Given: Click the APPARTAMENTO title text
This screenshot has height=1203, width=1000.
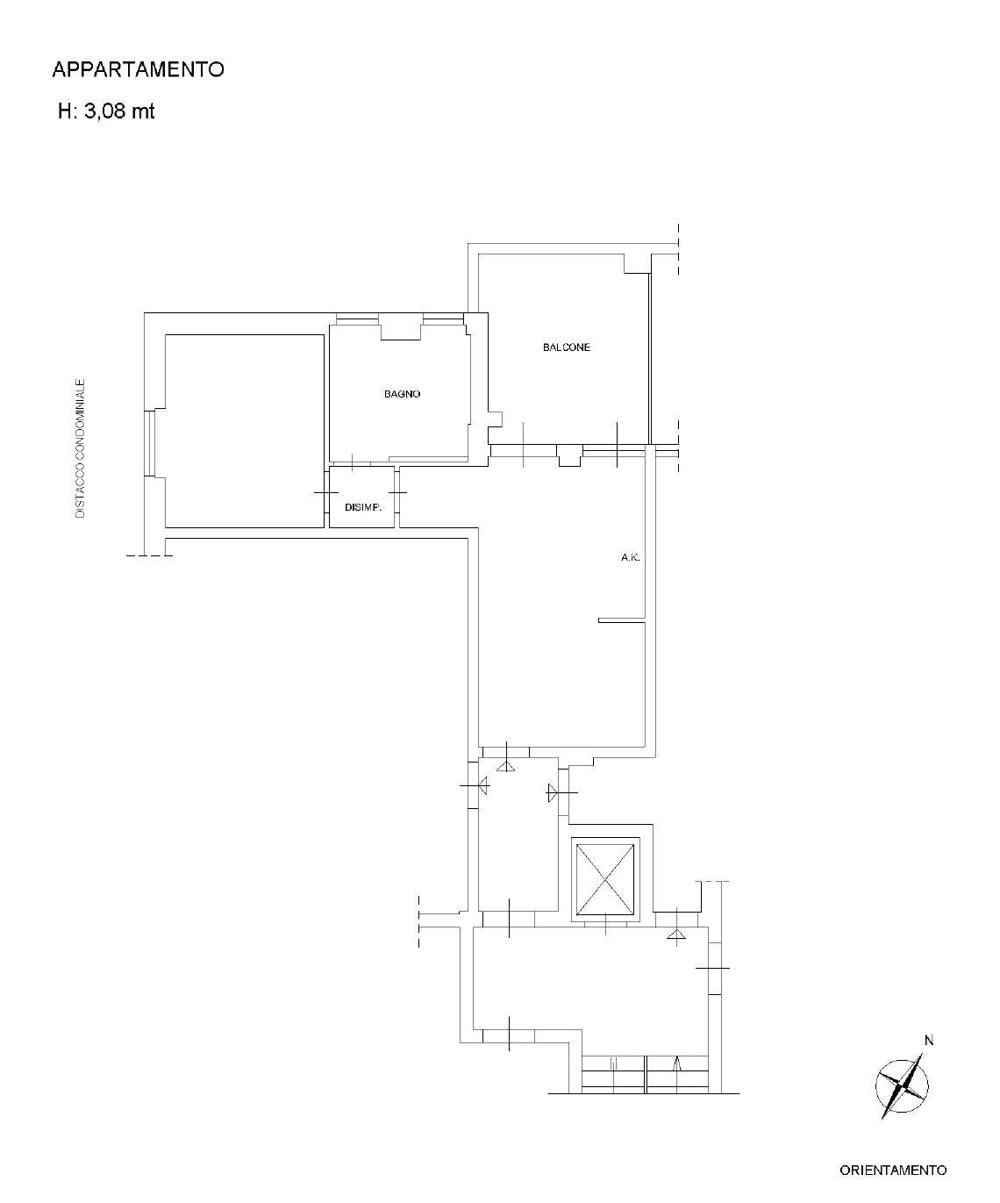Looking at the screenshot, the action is [x=138, y=69].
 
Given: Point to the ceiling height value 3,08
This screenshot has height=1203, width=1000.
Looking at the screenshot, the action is [x=105, y=111].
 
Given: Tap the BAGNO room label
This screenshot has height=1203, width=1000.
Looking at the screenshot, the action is [x=402, y=394].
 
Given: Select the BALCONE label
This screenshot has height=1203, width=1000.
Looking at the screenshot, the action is [x=567, y=347].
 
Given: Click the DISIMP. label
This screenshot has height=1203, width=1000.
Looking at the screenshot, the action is [x=363, y=507].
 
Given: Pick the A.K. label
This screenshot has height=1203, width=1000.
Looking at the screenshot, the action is [x=630, y=558].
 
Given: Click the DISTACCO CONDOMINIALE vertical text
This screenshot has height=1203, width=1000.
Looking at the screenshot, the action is [x=81, y=448].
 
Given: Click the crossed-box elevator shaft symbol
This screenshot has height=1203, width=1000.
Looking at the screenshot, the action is [x=605, y=880].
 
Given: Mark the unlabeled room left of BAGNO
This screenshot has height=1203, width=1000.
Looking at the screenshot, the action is [x=245, y=431].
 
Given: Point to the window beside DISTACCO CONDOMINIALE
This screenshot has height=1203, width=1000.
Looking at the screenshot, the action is [x=149, y=443].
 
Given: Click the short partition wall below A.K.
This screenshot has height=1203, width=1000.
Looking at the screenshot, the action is [x=622, y=620].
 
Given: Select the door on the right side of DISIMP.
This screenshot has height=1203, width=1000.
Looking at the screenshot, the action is [x=397, y=492].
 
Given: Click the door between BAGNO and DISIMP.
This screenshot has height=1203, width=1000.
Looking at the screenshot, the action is [x=352, y=462].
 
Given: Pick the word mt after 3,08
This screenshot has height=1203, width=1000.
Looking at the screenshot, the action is [x=144, y=111].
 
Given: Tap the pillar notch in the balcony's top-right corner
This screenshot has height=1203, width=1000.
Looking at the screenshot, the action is [x=638, y=263].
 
